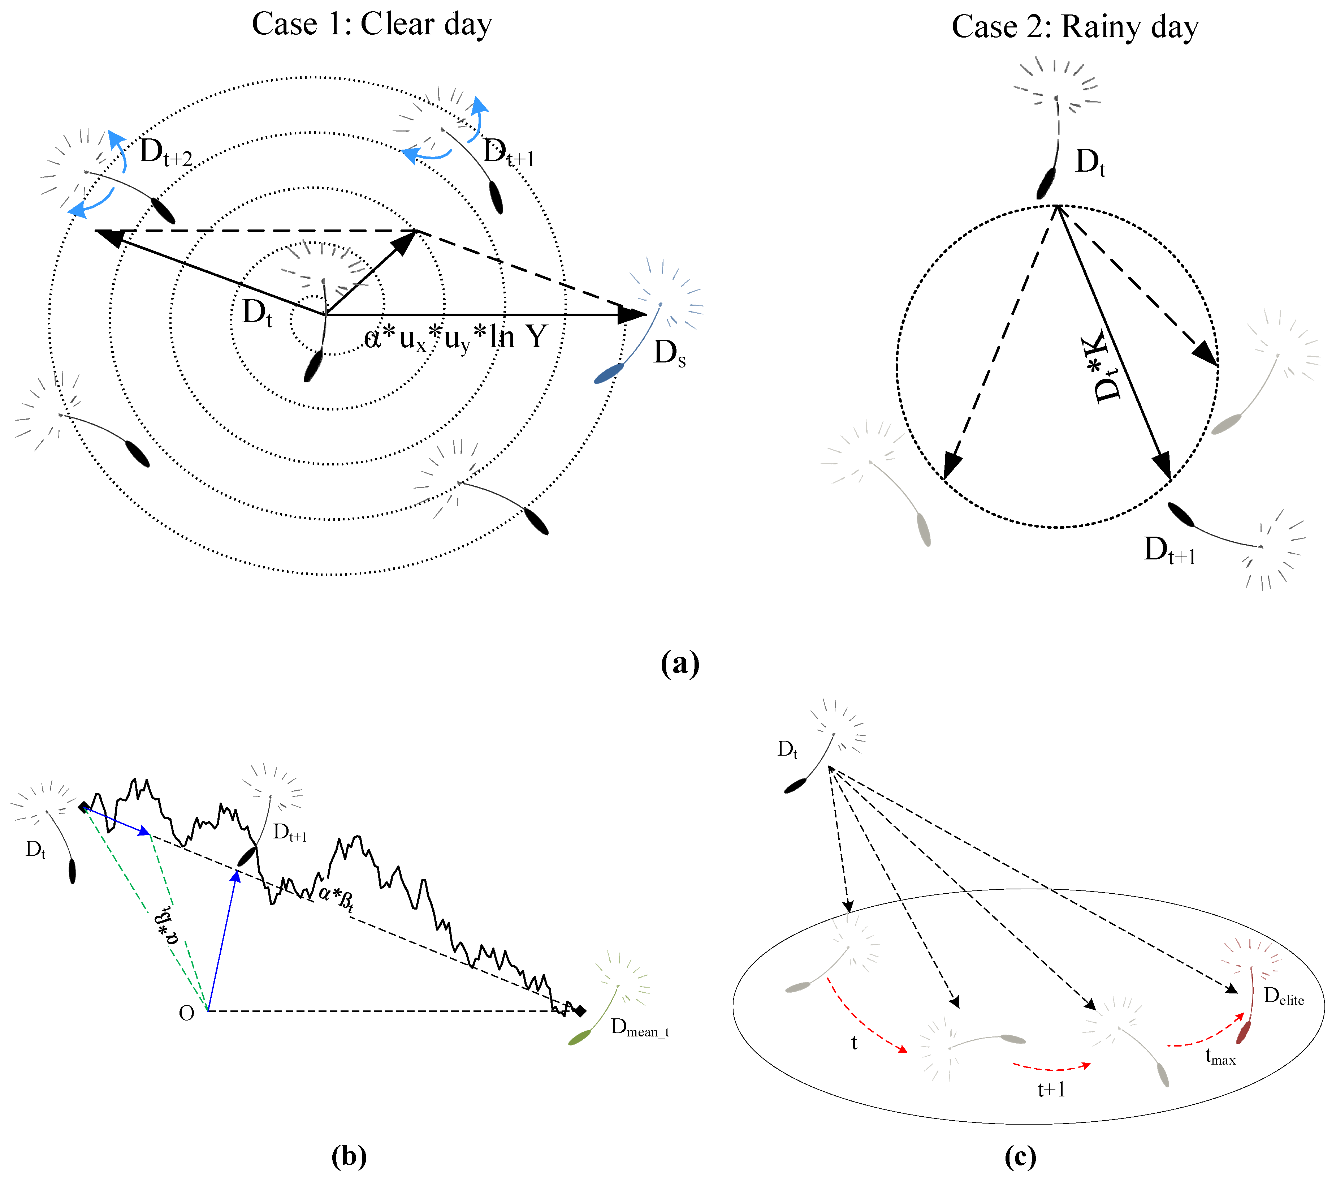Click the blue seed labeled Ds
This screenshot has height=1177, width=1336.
tap(609, 373)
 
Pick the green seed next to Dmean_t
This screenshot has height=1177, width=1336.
tap(580, 1037)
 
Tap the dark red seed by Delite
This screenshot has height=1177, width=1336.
tap(1243, 1032)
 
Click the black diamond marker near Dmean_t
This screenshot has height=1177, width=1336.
tap(580, 1011)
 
